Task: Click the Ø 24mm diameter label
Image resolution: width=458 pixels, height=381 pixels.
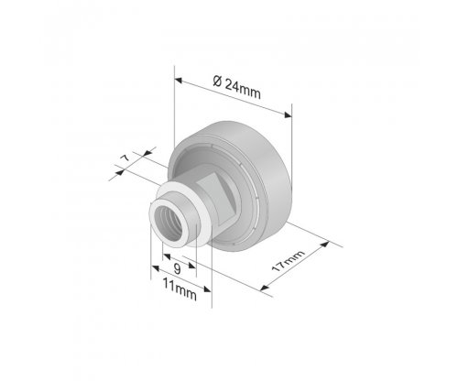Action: (x=237, y=87)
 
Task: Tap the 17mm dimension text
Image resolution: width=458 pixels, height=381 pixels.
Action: (x=289, y=261)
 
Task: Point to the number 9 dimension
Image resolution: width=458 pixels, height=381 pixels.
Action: (x=177, y=269)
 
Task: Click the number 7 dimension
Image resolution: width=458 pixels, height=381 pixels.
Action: (x=125, y=158)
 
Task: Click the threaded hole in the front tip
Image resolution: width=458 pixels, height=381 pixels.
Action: (x=169, y=221)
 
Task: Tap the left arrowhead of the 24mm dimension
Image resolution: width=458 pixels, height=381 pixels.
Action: (x=179, y=81)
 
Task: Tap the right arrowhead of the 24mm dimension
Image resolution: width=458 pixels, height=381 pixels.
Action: (x=288, y=114)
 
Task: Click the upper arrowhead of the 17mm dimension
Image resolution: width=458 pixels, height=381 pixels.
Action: (x=325, y=245)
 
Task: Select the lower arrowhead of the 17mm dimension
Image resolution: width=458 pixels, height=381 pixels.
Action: (x=265, y=288)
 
